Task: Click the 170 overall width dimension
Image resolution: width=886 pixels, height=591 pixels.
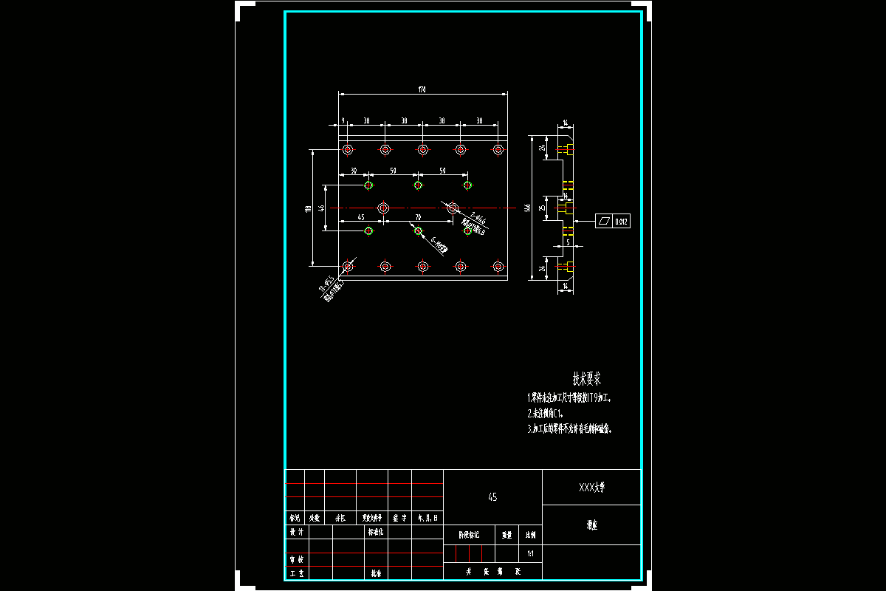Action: pyautogui.click(x=422, y=89)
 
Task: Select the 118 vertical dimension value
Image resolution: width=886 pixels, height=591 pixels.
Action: pyautogui.click(x=308, y=208)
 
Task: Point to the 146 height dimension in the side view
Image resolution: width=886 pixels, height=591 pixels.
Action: pyautogui.click(x=528, y=208)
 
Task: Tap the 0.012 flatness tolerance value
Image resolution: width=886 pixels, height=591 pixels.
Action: pyautogui.click(x=622, y=221)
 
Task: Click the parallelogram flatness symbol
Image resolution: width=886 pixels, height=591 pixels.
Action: pyautogui.click(x=605, y=221)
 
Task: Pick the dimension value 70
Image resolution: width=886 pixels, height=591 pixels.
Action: pyautogui.click(x=418, y=217)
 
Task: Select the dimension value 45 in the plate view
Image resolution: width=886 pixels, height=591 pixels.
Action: pyautogui.click(x=360, y=217)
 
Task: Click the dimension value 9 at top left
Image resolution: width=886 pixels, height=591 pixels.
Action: pyautogui.click(x=343, y=120)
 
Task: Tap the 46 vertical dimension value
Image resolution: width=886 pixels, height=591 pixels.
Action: pyautogui.click(x=321, y=208)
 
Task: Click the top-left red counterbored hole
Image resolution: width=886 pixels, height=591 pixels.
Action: pyautogui.click(x=348, y=150)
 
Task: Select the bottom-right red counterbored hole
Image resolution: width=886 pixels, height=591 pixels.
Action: pyautogui.click(x=498, y=266)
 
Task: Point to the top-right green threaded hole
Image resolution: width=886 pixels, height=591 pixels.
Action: pyautogui.click(x=467, y=185)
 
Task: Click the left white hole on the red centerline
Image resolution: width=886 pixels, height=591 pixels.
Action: pyautogui.click(x=383, y=208)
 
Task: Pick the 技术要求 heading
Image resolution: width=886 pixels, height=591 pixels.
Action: pyautogui.click(x=587, y=379)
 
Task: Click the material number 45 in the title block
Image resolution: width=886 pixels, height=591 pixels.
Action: pyautogui.click(x=492, y=497)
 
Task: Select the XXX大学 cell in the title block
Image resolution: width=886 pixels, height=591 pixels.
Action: pyautogui.click(x=591, y=488)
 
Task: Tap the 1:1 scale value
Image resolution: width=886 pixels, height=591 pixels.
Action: pyautogui.click(x=530, y=553)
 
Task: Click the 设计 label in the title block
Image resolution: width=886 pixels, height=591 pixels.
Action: pyautogui.click(x=296, y=532)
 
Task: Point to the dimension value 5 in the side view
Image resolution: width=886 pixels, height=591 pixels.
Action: pyautogui.click(x=568, y=242)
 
